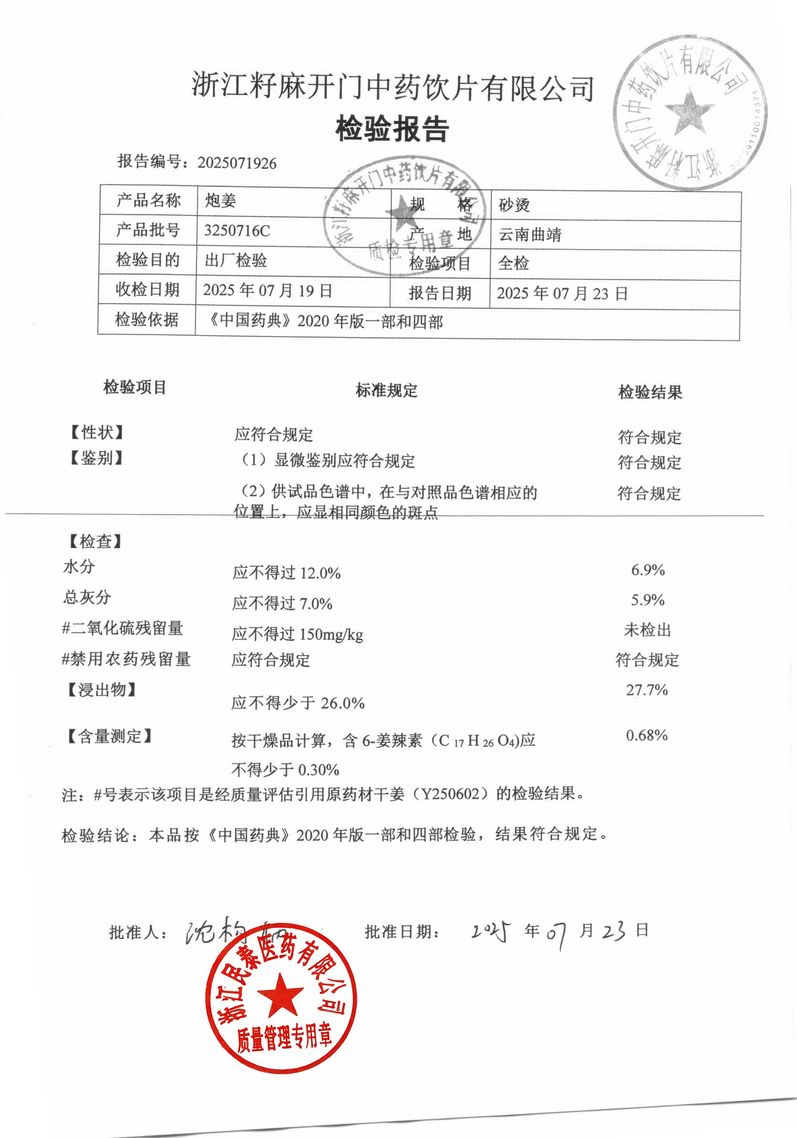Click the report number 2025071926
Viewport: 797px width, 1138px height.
coord(236,163)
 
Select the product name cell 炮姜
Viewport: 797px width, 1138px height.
coord(221,201)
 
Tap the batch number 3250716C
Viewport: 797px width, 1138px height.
coord(237,231)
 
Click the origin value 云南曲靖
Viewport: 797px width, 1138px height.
coord(530,234)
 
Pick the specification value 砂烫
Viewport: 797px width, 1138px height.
coord(514,205)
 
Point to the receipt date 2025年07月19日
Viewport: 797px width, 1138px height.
coord(267,290)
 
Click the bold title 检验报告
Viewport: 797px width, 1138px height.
coord(393,129)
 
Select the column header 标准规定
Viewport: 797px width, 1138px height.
coord(386,390)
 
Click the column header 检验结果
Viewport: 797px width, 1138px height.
coord(650,392)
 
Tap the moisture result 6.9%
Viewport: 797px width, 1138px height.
coord(648,570)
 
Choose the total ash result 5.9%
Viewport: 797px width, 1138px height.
coord(648,600)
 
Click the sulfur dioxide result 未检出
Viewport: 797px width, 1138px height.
coord(647,630)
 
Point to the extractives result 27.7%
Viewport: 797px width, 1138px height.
coord(647,690)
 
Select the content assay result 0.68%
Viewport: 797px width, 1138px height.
coord(647,735)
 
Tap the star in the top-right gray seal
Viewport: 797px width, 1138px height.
coord(690,112)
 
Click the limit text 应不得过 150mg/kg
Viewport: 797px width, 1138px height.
coord(297,634)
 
